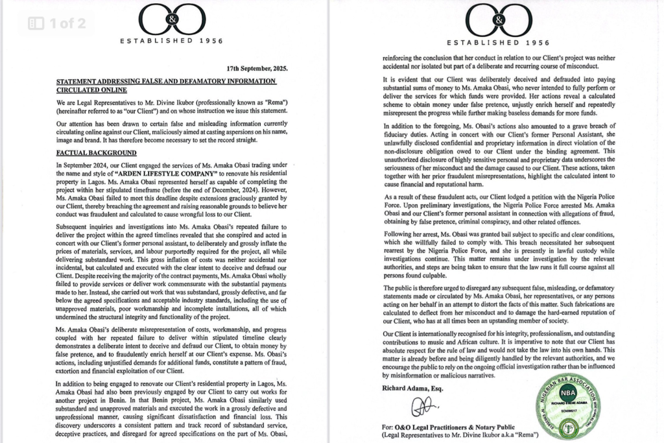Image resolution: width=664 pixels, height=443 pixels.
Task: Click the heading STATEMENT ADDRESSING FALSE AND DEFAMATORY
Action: click(166, 81)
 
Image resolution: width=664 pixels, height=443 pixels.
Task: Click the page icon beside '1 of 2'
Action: click(36, 24)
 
